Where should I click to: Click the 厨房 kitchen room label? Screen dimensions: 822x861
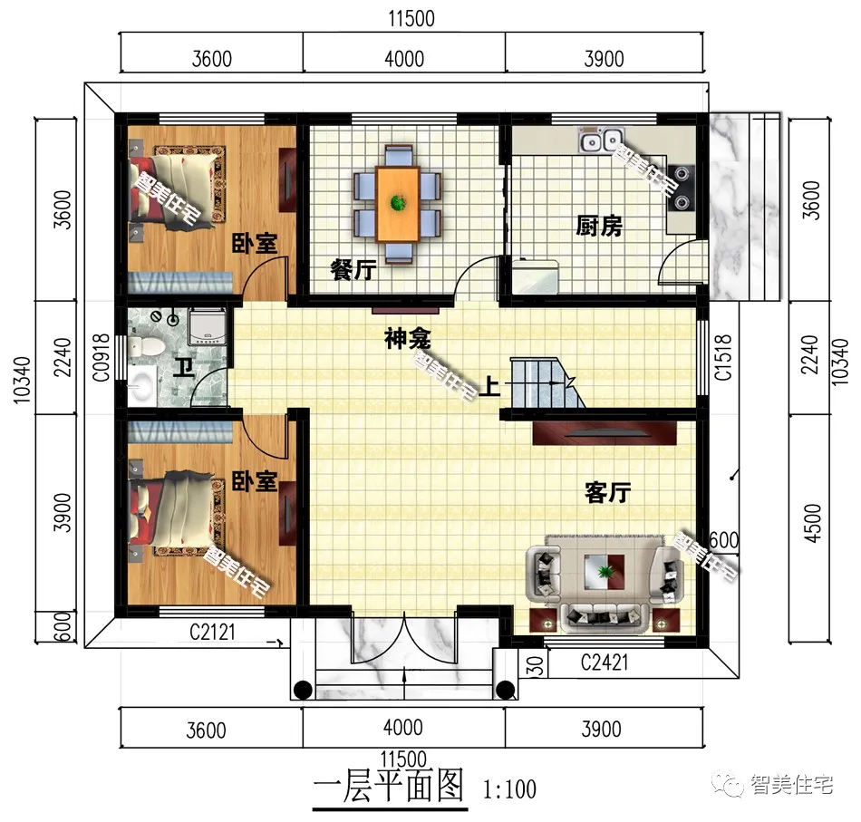click(599, 227)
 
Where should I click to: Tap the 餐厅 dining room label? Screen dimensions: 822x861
click(354, 269)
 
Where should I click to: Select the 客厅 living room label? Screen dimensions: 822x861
click(607, 493)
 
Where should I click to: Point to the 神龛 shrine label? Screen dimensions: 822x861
click(407, 340)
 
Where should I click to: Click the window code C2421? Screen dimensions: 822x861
click(604, 664)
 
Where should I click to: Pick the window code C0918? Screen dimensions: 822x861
click(102, 359)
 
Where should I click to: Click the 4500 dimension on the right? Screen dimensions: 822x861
click(812, 522)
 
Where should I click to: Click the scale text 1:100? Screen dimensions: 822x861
click(510, 789)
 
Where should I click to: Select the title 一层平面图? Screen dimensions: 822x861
click(388, 786)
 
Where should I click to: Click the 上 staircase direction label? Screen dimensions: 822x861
click(489, 388)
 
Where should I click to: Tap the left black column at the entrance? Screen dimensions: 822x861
click(304, 690)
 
